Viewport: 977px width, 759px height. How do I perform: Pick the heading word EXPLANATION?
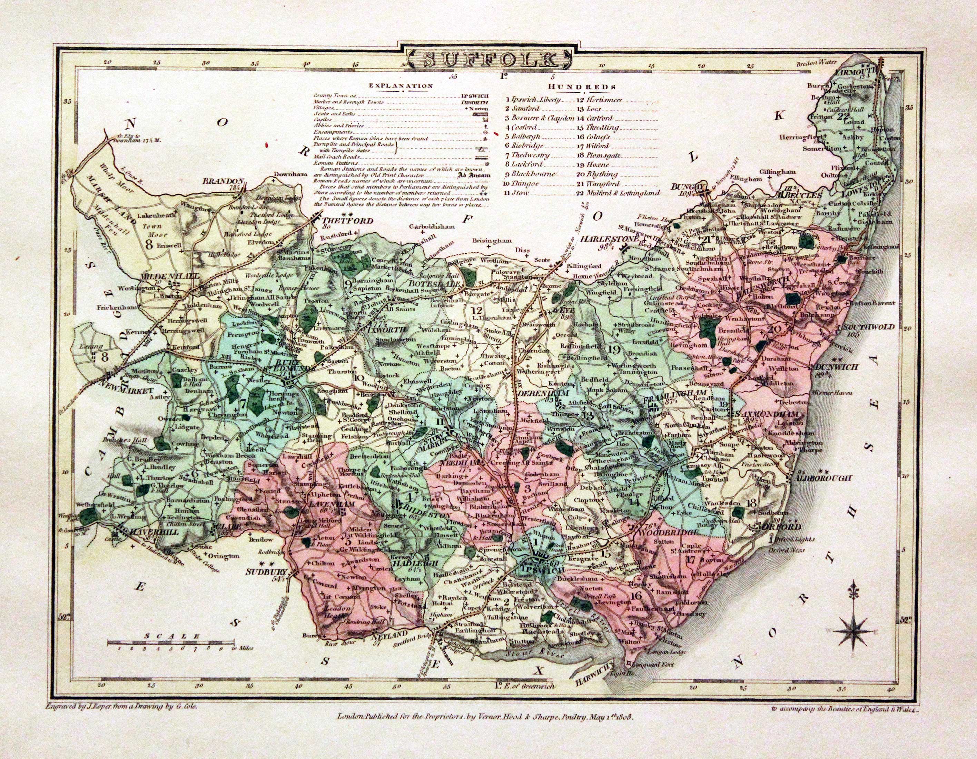[x=401, y=86]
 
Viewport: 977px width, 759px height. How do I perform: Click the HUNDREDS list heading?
[x=582, y=87]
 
